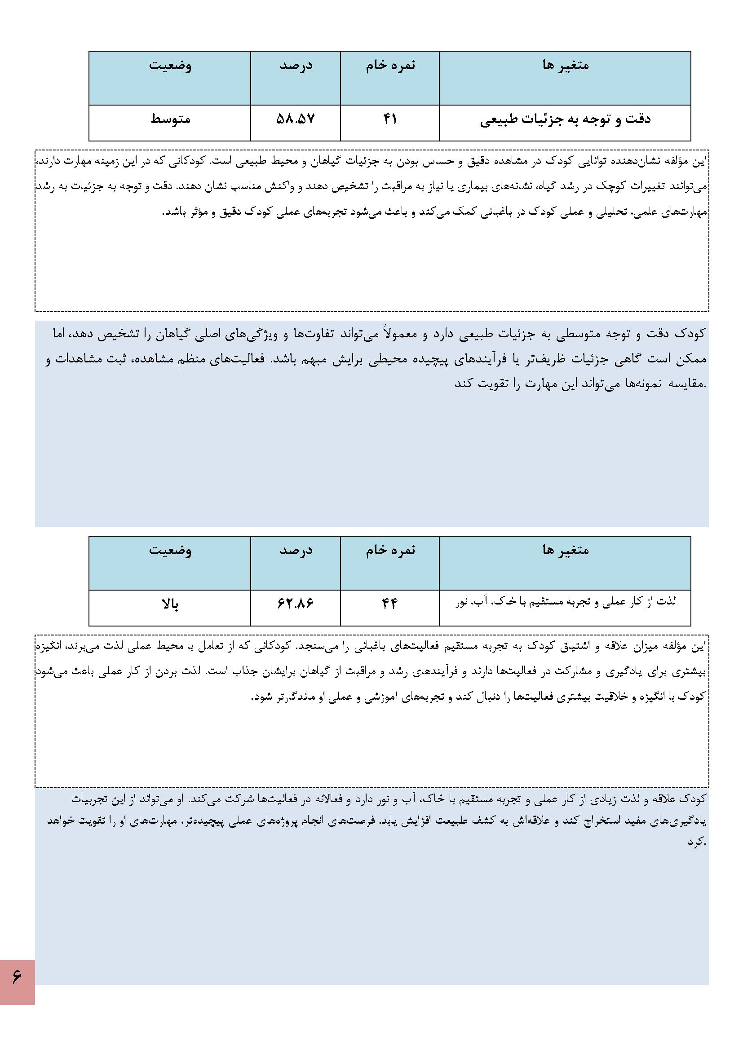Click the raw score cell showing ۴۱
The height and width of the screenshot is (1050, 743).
pyautogui.click(x=389, y=120)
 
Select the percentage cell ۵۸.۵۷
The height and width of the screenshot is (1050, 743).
pyautogui.click(x=296, y=120)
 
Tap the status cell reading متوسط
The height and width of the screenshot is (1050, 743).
pyautogui.click(x=170, y=120)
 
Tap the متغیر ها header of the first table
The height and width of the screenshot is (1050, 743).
pyautogui.click(x=566, y=66)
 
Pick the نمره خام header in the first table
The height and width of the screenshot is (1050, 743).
pyautogui.click(x=390, y=66)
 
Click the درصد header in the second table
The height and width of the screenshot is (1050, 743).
pyautogui.click(x=296, y=550)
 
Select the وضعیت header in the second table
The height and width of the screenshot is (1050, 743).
pyautogui.click(x=170, y=550)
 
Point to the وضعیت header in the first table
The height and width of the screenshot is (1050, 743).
pyautogui.click(x=170, y=66)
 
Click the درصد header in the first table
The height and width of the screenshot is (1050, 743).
pyautogui.click(x=296, y=66)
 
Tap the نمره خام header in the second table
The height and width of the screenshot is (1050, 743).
pyautogui.click(x=390, y=550)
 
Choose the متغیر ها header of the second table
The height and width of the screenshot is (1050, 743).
pyautogui.click(x=566, y=550)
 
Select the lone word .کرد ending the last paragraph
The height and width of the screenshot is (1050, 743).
pyautogui.click(x=697, y=842)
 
